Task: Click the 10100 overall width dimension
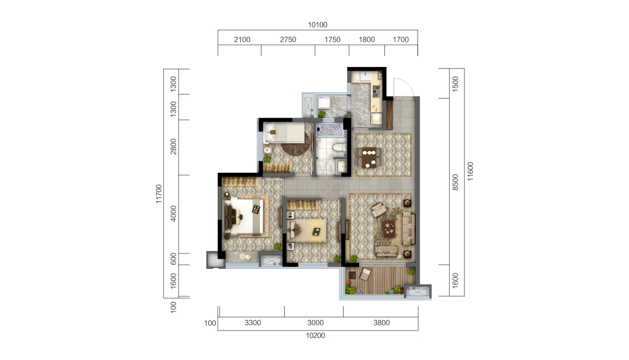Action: (318, 25)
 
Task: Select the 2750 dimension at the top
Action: (288, 40)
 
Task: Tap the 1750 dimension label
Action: (332, 40)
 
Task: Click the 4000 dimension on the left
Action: (174, 215)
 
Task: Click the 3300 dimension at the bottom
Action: (253, 323)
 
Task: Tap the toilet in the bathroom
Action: (339, 147)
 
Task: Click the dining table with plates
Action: (369, 157)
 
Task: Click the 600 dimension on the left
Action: (174, 259)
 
